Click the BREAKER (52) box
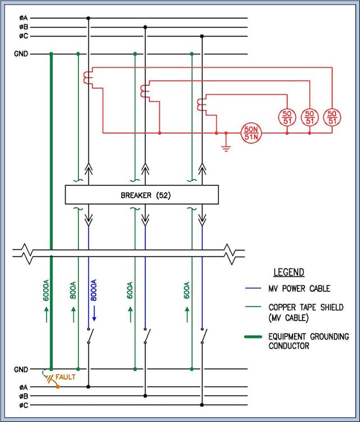click(x=142, y=195)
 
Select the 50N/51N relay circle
click(x=250, y=133)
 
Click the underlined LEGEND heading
click(x=289, y=272)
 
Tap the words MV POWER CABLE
click(x=299, y=289)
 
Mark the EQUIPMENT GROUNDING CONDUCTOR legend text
click(x=308, y=341)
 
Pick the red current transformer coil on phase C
click(x=200, y=105)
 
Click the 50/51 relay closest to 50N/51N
click(x=287, y=118)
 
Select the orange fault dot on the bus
click(x=57, y=387)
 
